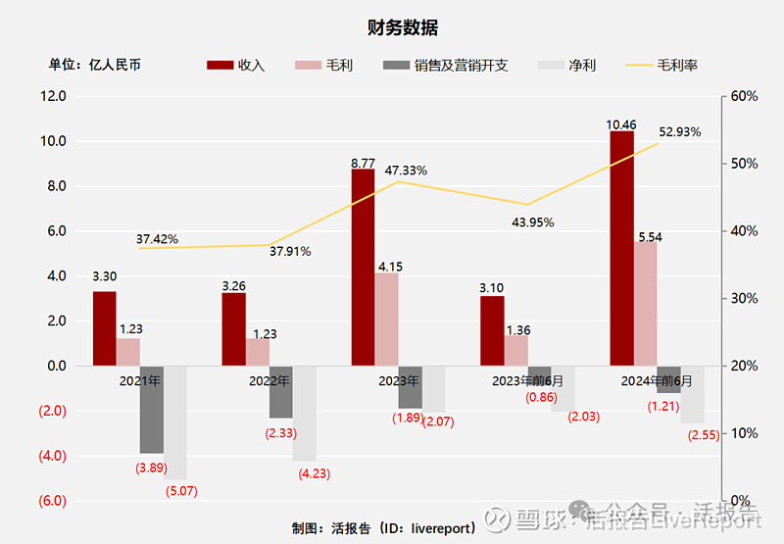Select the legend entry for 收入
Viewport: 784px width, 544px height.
pyautogui.click(x=235, y=66)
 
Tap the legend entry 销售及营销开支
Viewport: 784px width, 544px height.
pyautogui.click(x=446, y=66)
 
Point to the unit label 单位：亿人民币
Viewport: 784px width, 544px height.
pyautogui.click(x=95, y=66)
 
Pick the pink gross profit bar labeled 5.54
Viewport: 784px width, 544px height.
pyautogui.click(x=645, y=303)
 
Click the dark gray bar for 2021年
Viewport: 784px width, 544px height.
pyautogui.click(x=151, y=409)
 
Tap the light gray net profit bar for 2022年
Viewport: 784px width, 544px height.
pyautogui.click(x=304, y=413)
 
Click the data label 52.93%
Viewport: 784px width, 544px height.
pyautogui.click(x=679, y=132)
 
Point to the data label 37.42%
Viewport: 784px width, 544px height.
pyautogui.click(x=157, y=239)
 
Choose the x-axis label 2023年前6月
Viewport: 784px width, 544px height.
pyautogui.click(x=529, y=380)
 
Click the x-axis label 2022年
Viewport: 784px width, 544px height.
pyautogui.click(x=269, y=380)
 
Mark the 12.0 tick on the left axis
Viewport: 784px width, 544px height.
pyautogui.click(x=52, y=96)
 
